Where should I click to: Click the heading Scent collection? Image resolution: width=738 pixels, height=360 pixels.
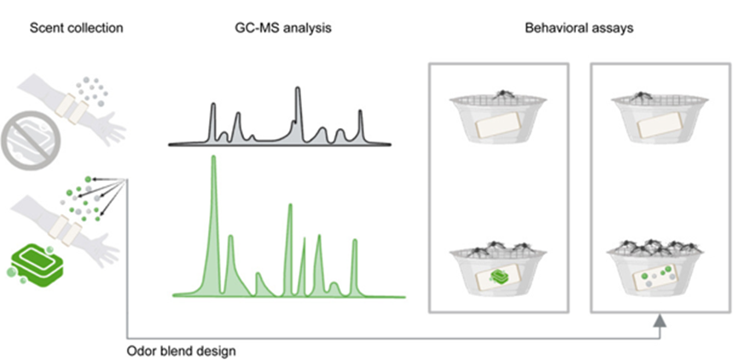pyautogui.click(x=76, y=28)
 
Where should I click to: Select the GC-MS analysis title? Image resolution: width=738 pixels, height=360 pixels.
pyautogui.click(x=283, y=28)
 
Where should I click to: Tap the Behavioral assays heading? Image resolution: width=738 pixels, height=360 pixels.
pyautogui.click(x=579, y=28)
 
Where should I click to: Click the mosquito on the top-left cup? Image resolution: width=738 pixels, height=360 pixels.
pyautogui.click(x=503, y=95)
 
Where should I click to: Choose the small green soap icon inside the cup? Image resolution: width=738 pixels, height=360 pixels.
pyautogui.click(x=498, y=276)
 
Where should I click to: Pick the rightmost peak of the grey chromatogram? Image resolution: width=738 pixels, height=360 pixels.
pyautogui.click(x=361, y=113)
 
